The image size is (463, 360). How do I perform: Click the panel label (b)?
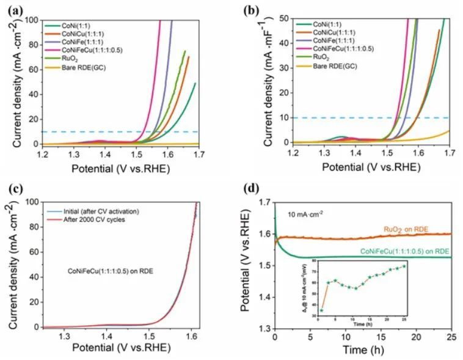point(251,10)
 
